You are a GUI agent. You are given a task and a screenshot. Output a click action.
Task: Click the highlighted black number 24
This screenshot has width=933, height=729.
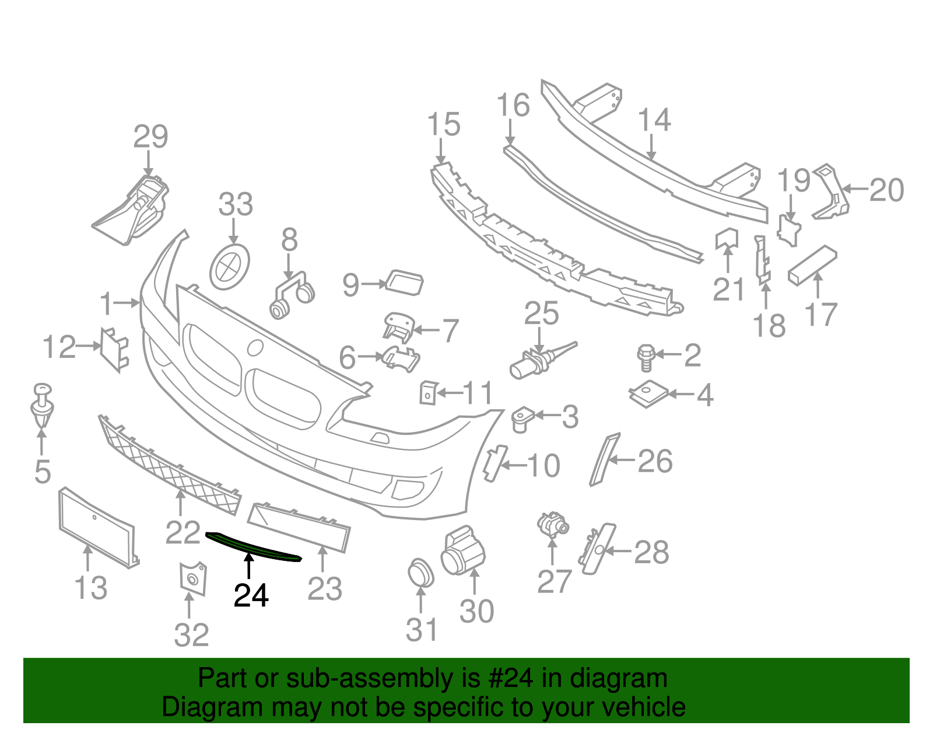click(251, 595)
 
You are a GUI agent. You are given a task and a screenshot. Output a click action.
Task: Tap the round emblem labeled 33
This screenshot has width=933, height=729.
click(229, 267)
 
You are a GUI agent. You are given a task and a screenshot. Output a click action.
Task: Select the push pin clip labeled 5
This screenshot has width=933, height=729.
click(42, 406)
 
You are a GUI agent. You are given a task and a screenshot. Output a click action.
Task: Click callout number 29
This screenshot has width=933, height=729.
click(150, 137)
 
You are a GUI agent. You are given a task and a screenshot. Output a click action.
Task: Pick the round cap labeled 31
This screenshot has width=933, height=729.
click(420, 573)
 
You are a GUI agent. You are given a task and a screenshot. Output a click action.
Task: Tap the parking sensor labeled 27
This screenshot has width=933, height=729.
click(552, 524)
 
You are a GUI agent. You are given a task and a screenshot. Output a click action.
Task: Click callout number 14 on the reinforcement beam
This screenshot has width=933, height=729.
click(654, 120)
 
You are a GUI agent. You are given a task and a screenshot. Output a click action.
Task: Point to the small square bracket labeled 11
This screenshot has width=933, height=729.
click(428, 393)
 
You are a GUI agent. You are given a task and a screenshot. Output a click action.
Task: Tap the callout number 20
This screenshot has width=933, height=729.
click(886, 190)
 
